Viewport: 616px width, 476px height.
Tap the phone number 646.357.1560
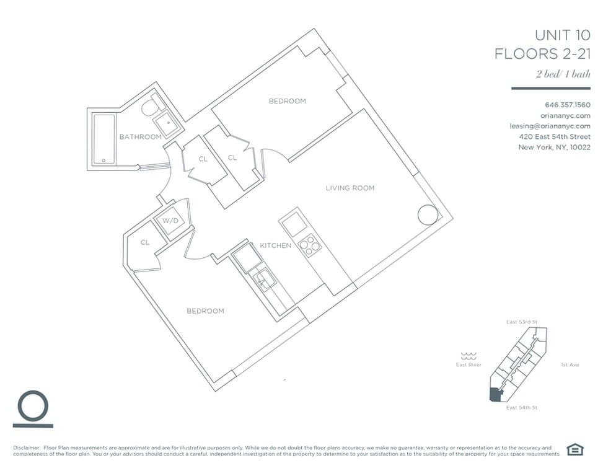(x=567, y=104)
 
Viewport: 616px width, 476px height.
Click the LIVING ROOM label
(x=350, y=188)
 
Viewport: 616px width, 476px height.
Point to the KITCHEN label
(x=275, y=246)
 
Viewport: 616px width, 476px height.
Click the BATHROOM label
(x=140, y=137)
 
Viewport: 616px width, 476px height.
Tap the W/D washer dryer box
(x=170, y=222)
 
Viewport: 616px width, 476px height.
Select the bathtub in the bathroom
(x=104, y=139)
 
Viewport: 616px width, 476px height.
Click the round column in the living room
(x=427, y=214)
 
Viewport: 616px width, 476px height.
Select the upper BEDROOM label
(x=287, y=101)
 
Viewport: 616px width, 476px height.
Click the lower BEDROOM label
(x=205, y=311)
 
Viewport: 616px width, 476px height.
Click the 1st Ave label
(x=570, y=365)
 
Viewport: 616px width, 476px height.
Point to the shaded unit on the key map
(x=495, y=395)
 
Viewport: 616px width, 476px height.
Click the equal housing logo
(x=576, y=449)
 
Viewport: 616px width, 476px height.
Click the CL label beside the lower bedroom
(x=145, y=243)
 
